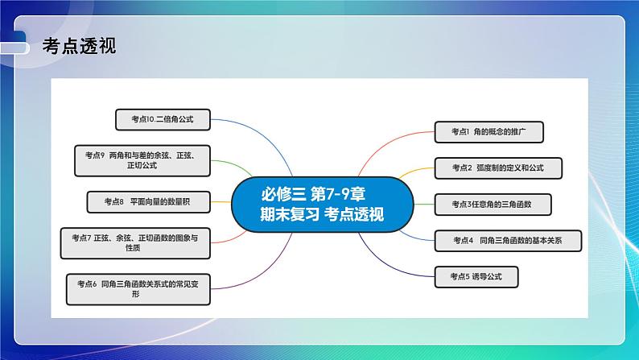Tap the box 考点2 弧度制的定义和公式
click(497, 168)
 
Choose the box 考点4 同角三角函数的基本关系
click(507, 240)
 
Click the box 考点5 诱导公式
click(475, 277)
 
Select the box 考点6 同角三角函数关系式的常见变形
click(139, 289)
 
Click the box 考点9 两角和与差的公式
click(142, 159)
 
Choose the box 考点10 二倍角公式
click(162, 119)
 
